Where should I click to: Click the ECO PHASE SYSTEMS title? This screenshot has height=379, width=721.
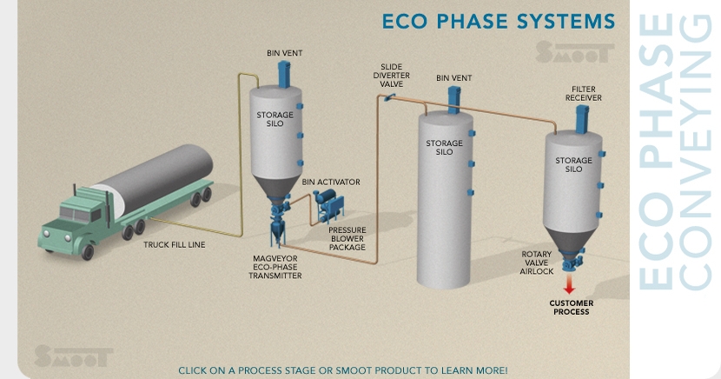498,20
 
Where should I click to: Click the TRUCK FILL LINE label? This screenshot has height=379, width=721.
174,245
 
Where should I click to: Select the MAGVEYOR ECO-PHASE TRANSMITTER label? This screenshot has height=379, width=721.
275,267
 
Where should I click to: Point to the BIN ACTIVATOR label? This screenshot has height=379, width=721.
330,182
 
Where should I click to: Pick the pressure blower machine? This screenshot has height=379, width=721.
330,207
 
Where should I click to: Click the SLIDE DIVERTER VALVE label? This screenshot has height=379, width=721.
391,76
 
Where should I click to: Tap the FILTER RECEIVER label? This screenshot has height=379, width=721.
583,93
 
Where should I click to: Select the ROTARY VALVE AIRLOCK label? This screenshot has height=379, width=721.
537,263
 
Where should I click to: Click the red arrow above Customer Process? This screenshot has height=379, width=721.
570,284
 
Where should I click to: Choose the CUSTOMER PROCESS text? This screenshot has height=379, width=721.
571,308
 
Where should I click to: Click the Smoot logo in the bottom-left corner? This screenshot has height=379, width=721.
73,356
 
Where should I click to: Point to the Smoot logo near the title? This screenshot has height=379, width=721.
569,52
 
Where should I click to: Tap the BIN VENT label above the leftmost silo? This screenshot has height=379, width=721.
285,53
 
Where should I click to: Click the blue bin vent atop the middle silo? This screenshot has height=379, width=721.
453,95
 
